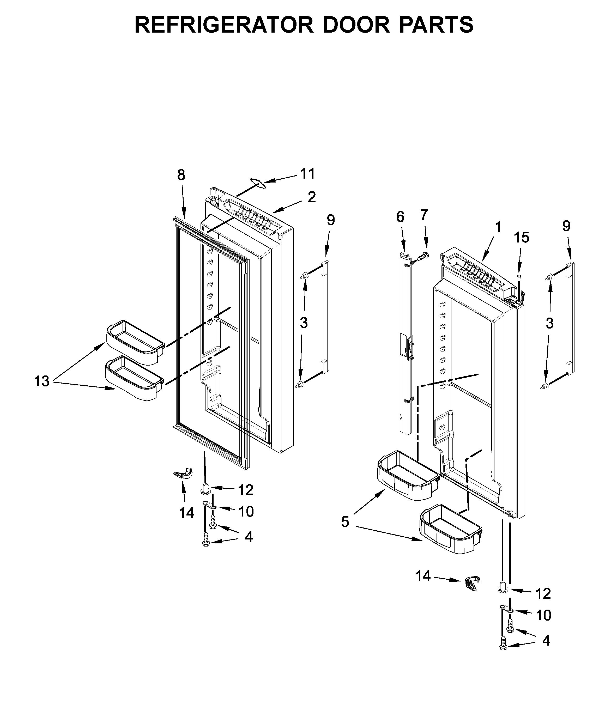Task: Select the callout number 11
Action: coord(307,174)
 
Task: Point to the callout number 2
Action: coord(312,197)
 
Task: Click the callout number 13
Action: coord(42,381)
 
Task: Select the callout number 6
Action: coord(400,217)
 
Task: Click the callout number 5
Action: coord(345,521)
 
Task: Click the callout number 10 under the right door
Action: coord(543,615)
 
